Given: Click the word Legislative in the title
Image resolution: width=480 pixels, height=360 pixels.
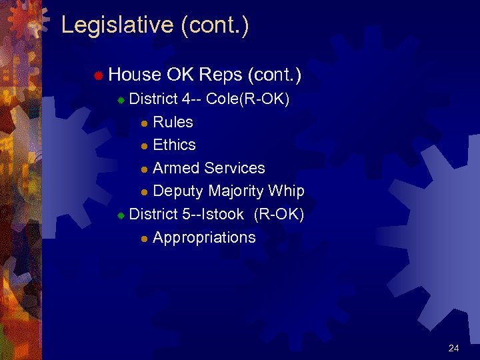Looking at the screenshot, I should pos(117,25).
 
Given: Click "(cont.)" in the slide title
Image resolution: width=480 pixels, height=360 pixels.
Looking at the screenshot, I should pos(214,25).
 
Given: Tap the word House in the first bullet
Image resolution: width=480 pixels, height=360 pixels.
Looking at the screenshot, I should pos(135,75).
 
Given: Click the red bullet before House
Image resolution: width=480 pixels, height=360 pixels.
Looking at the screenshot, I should pos(97,77).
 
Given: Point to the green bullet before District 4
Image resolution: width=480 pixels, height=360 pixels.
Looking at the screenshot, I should pos(121,100).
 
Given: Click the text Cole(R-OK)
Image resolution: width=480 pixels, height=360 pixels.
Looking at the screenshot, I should pos(247,99).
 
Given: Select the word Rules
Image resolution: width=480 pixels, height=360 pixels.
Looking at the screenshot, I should pos(173,122).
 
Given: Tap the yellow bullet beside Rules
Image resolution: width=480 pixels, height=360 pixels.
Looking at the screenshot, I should pos(144,123).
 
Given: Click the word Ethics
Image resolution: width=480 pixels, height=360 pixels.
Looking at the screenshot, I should pos(174,145).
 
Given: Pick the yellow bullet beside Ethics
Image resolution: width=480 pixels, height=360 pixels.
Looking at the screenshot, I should pos(144,146).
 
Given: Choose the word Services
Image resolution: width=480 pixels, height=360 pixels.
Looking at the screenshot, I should pos(235,168).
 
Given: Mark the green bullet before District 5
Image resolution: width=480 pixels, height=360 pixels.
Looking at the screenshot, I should pos(121,215).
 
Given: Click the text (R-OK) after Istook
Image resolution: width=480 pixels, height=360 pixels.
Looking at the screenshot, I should pos(279,214).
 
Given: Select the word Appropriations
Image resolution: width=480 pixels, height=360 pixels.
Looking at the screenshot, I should pos(204,237).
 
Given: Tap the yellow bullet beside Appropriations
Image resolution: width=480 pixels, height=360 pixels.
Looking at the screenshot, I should pos(144,239).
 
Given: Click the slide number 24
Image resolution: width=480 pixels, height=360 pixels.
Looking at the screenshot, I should pos(454,348).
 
